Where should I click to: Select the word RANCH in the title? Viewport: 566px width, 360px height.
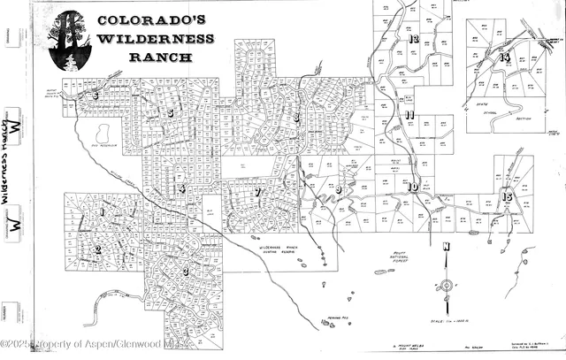[x=161, y=57]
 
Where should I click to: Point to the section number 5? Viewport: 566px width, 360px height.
[x=170, y=113]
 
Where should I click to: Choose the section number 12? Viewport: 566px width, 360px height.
[x=413, y=40]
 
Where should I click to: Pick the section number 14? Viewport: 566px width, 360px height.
[x=504, y=57]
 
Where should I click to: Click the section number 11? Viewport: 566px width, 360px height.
[x=409, y=115]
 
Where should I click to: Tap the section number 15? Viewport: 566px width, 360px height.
[x=507, y=196]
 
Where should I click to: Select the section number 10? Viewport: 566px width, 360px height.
[x=413, y=187]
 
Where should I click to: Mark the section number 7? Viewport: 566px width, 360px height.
[x=257, y=192]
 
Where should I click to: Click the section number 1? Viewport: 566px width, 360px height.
[x=102, y=212]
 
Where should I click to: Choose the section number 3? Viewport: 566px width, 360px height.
[x=186, y=272]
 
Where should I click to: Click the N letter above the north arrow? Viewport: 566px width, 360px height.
[x=447, y=247]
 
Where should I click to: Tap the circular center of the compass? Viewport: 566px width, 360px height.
[x=447, y=285]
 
